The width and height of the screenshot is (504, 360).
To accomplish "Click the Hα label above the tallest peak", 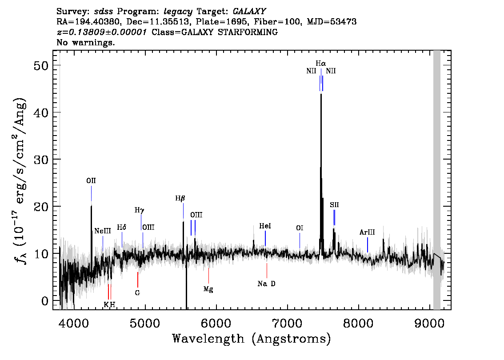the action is [320, 64].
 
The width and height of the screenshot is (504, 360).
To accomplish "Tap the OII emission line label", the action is [91, 181].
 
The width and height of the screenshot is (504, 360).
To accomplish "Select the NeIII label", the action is [103, 231].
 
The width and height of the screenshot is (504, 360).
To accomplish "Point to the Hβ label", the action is [180, 198].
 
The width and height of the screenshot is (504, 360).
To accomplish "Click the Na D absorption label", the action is [267, 284].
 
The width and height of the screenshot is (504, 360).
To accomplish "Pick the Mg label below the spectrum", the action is [208, 289].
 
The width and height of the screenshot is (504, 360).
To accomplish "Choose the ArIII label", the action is [367, 232].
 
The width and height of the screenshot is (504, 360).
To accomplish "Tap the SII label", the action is [334, 205].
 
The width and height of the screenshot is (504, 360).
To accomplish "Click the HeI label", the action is [265, 226].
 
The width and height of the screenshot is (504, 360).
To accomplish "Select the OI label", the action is [300, 228].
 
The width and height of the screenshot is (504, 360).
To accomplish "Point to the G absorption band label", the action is [138, 293].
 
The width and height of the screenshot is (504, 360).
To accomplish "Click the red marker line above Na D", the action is [267, 271].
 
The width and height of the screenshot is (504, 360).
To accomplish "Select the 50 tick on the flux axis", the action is [41, 66].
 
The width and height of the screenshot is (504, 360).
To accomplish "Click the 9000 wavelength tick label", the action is [429, 323].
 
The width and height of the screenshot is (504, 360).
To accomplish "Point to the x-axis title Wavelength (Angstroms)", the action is [252, 339].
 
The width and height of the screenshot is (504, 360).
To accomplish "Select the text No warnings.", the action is [85, 42].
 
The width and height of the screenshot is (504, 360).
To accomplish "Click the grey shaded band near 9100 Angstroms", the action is [437, 180].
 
